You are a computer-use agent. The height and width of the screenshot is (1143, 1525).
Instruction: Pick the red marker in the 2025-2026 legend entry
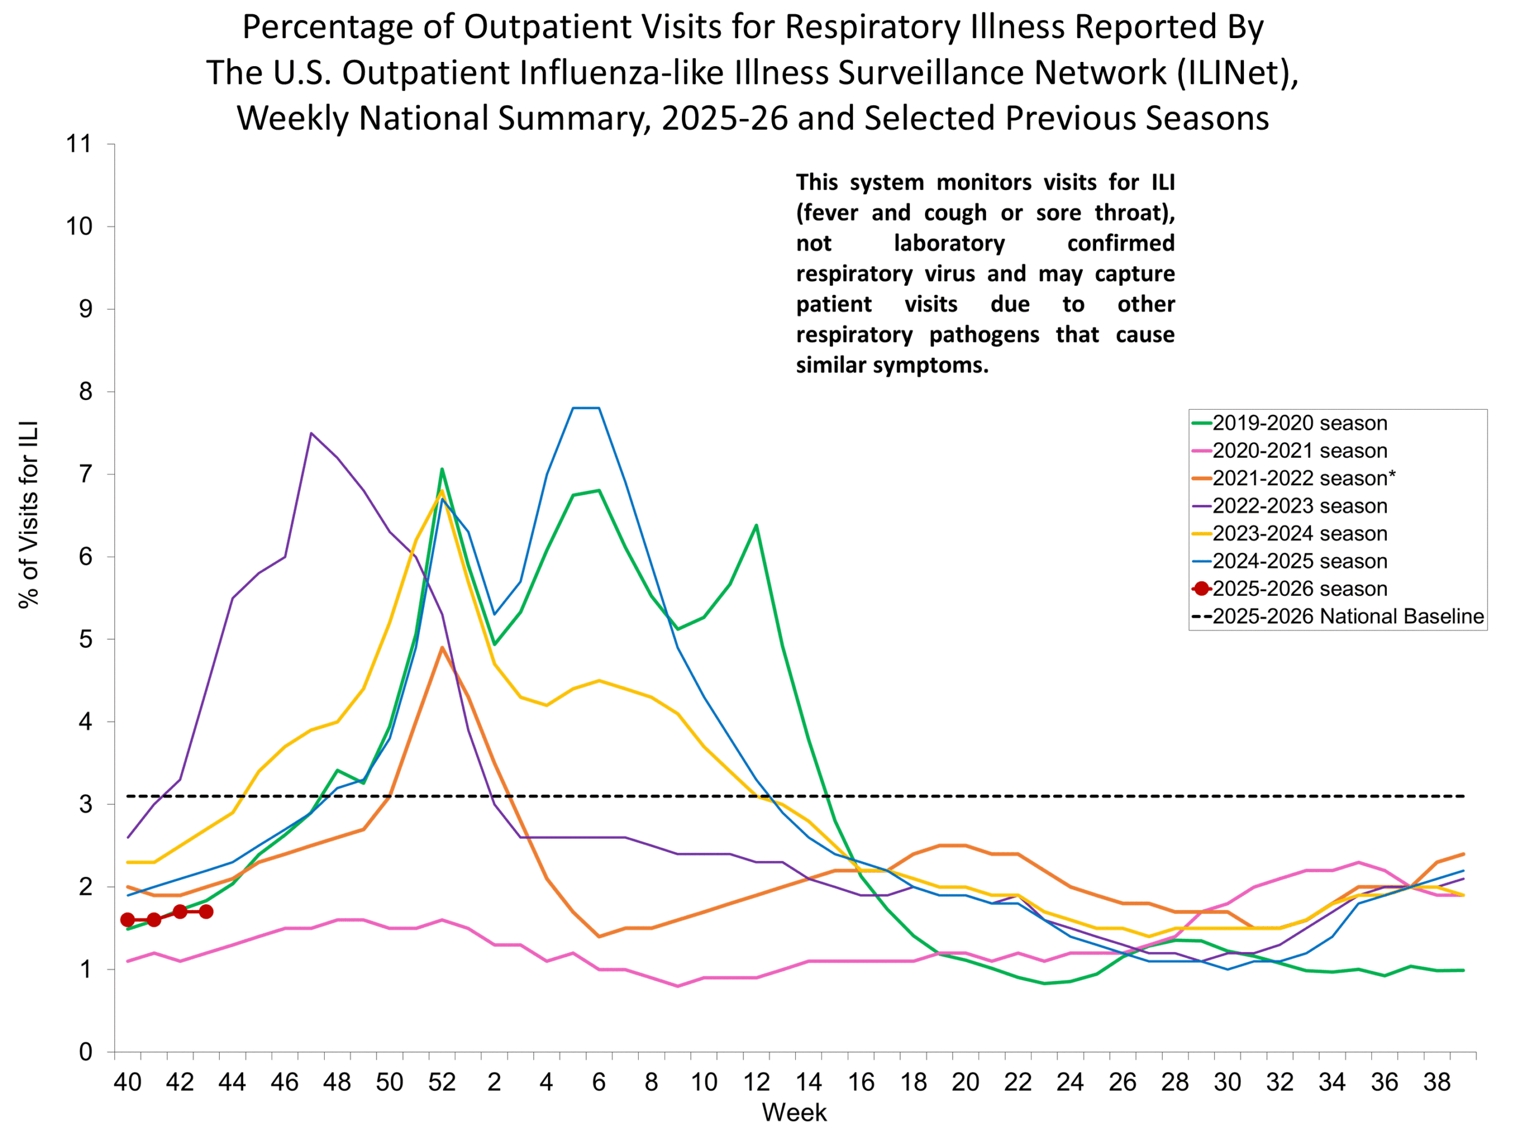tap(1202, 588)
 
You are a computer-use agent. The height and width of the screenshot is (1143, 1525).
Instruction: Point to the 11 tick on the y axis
tap(79, 144)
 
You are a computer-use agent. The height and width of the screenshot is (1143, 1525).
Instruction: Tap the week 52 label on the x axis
tap(442, 1082)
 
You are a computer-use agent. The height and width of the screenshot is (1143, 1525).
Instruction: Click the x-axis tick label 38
tap(1437, 1082)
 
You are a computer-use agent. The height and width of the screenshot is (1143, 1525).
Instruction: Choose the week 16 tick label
tap(861, 1082)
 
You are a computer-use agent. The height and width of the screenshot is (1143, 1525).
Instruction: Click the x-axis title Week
tap(793, 1113)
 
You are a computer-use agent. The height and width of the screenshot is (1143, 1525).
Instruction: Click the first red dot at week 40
tap(127, 920)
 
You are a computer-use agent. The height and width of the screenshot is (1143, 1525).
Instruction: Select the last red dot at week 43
tap(206, 911)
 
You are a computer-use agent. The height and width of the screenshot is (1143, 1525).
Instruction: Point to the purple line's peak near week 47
tap(311, 433)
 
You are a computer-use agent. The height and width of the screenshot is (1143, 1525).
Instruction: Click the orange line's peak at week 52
tap(442, 648)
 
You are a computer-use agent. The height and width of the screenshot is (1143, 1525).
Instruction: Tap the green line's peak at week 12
tap(757, 526)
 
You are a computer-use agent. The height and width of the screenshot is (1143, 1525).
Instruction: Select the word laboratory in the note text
tap(950, 243)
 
